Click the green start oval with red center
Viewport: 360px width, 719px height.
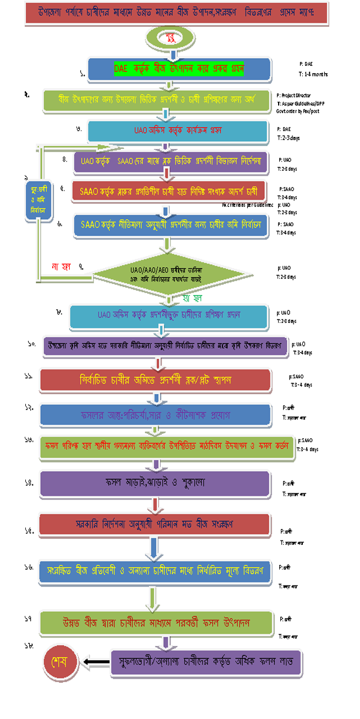(x=171, y=38)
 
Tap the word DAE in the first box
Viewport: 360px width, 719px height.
(x=120, y=69)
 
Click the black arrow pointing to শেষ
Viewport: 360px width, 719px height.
(x=94, y=661)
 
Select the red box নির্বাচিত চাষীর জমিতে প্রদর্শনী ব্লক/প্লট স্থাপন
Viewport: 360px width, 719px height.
(x=156, y=380)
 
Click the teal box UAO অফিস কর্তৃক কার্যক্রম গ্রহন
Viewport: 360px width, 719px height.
(x=178, y=131)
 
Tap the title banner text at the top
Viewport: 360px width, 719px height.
(x=176, y=12)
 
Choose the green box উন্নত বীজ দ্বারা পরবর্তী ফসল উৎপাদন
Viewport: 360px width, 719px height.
(x=156, y=623)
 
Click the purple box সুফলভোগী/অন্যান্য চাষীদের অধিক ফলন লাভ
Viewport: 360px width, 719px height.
(x=206, y=662)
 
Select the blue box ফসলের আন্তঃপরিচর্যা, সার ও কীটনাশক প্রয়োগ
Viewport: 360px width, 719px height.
(x=156, y=415)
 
